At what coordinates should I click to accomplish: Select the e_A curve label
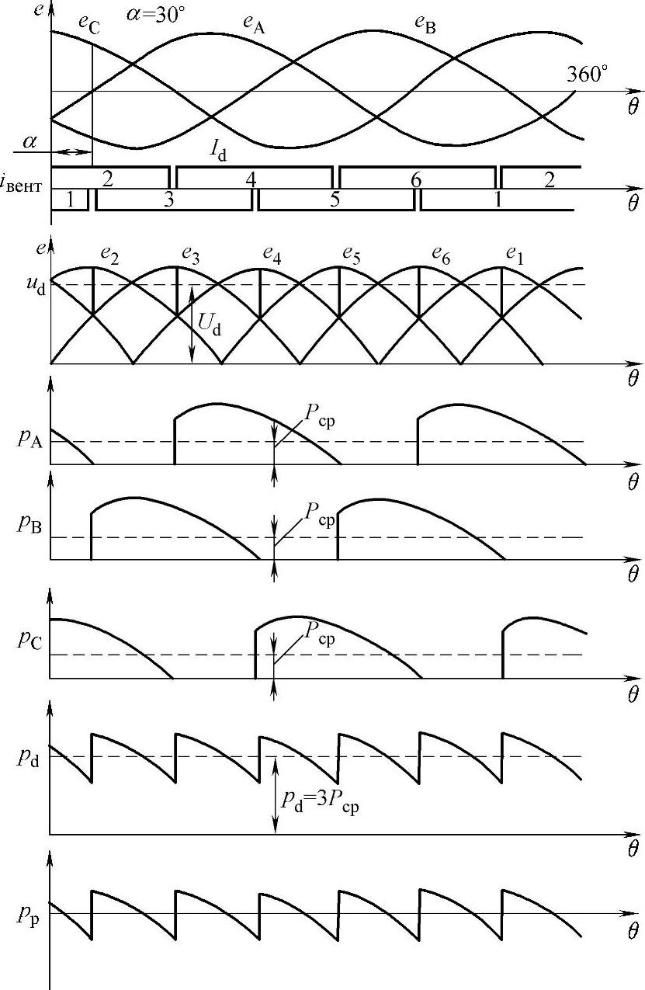tap(255, 25)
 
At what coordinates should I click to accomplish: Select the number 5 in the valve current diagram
tap(335, 200)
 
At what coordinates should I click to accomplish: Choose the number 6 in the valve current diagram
tap(417, 179)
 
